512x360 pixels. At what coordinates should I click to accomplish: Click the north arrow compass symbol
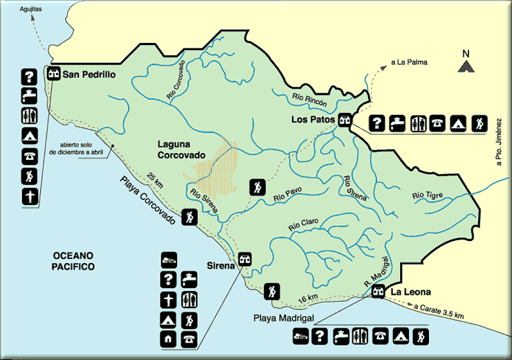pos(466,64)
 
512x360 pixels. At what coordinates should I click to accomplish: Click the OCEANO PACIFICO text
pos(73,261)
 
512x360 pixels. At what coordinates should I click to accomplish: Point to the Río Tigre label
pos(427,196)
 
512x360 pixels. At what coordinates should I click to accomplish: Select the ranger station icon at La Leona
pos(378,292)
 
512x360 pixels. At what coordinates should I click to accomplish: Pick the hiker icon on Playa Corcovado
pos(190,217)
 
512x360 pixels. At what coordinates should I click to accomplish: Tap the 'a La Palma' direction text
pos(409,62)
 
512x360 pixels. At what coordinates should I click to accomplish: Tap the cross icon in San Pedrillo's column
pos(29,197)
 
